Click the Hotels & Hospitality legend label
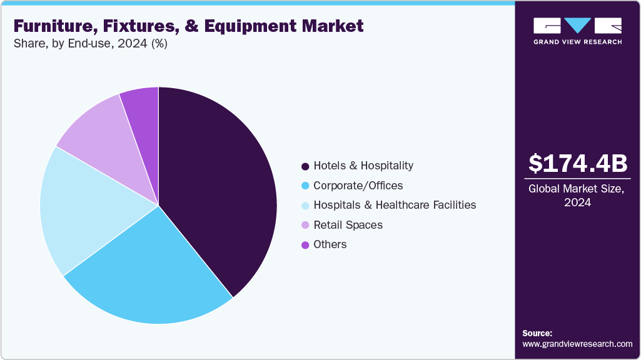[x=363, y=166]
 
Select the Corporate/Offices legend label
[x=358, y=186]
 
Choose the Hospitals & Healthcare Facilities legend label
[x=395, y=205]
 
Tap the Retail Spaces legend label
[x=348, y=224]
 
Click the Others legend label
[x=330, y=244]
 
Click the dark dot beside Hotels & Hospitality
[x=305, y=166]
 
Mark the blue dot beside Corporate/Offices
[x=305, y=186]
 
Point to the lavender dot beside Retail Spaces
[x=305, y=225]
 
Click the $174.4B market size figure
[x=577, y=163]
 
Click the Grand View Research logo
[x=577, y=30]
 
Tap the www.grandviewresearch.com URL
[x=577, y=344]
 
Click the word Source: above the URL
[x=537, y=333]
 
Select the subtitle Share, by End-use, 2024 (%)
[x=90, y=44]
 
